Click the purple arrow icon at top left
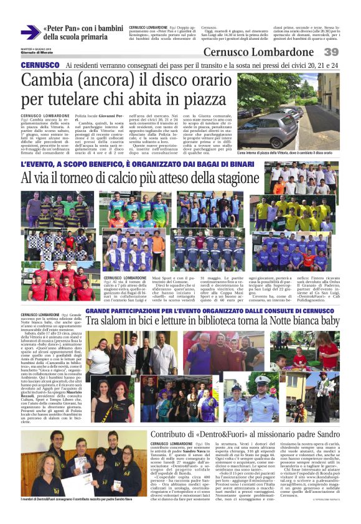(30, 32)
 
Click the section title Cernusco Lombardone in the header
(258, 52)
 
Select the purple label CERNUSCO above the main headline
(40, 65)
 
